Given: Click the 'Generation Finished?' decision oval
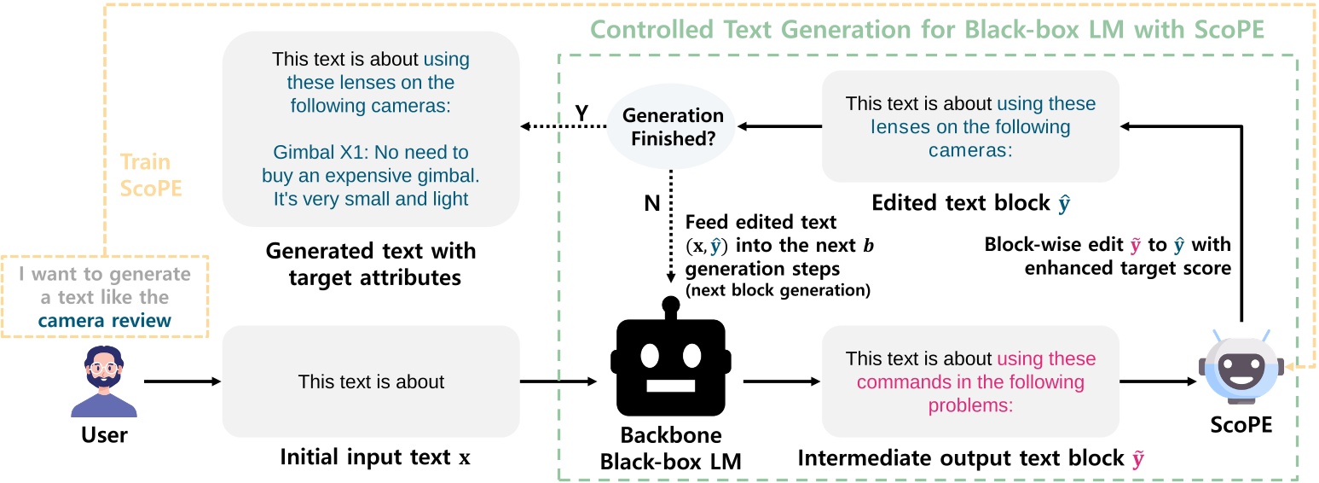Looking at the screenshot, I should [673, 127].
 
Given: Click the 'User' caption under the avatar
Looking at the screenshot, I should [104, 435].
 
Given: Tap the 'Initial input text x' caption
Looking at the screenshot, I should [375, 457].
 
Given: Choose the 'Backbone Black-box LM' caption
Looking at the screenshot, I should [670, 450].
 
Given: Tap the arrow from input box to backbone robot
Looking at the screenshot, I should [558, 381].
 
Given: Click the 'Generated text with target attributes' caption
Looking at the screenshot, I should [371, 265].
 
